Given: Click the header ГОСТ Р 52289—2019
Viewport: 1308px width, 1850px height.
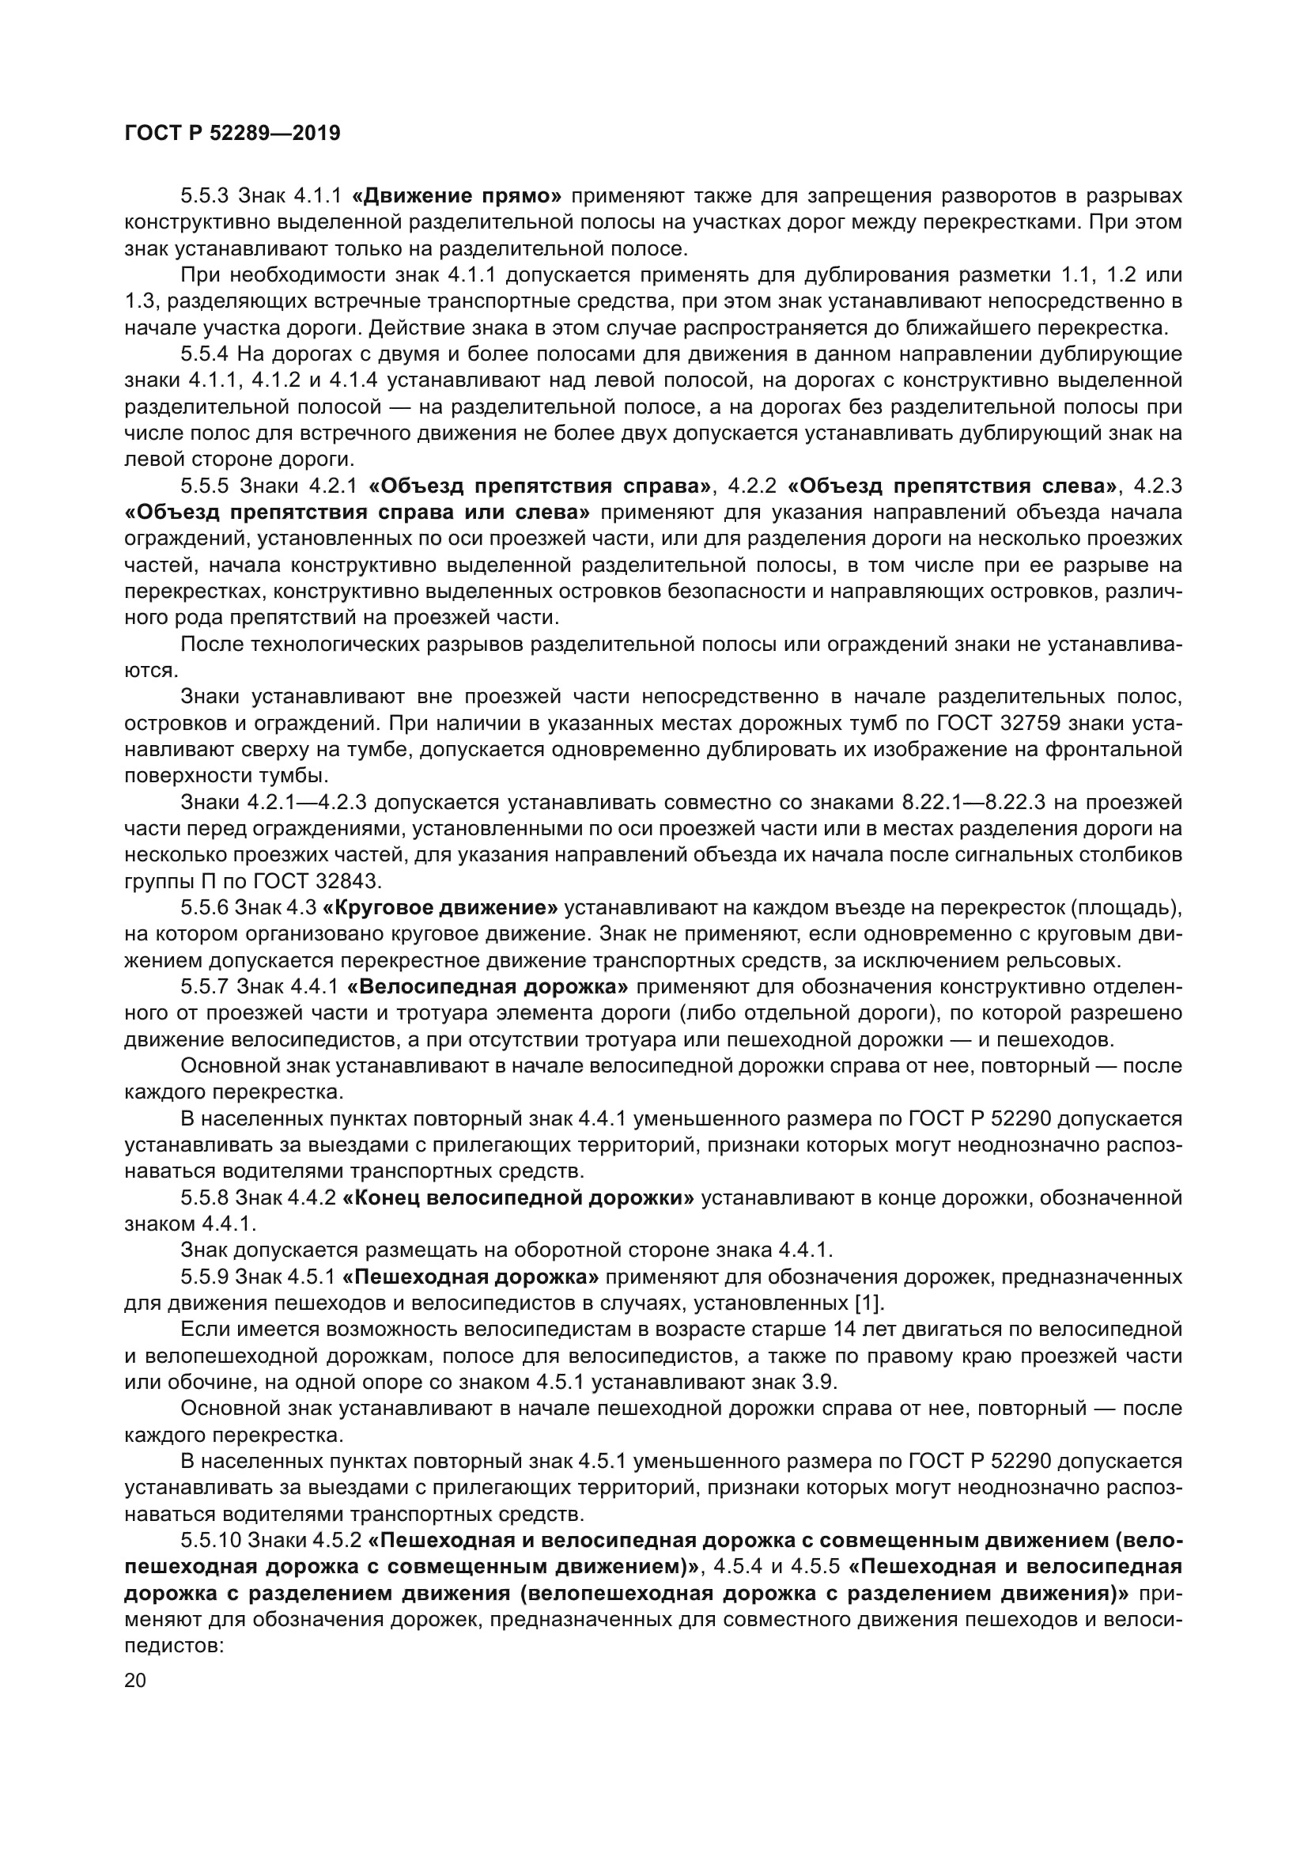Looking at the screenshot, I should pyautogui.click(x=232, y=133).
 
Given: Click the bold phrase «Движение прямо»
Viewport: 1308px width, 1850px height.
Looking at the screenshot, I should pyautogui.click(x=457, y=196).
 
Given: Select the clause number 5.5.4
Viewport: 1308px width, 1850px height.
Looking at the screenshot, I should pyautogui.click(x=206, y=354).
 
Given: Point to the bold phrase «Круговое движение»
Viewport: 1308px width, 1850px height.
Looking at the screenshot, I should pyautogui.click(x=440, y=908).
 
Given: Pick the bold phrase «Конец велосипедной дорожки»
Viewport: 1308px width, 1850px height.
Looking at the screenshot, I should pyautogui.click(x=518, y=1198).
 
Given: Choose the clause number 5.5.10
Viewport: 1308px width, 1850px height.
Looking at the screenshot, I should pyautogui.click(x=211, y=1541).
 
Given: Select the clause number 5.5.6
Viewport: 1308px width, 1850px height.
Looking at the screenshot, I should pyautogui.click(x=206, y=908).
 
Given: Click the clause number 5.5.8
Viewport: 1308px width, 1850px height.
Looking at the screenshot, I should pyautogui.click(x=206, y=1198).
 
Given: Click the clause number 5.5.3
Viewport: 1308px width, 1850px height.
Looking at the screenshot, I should pyautogui.click(x=206, y=196).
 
